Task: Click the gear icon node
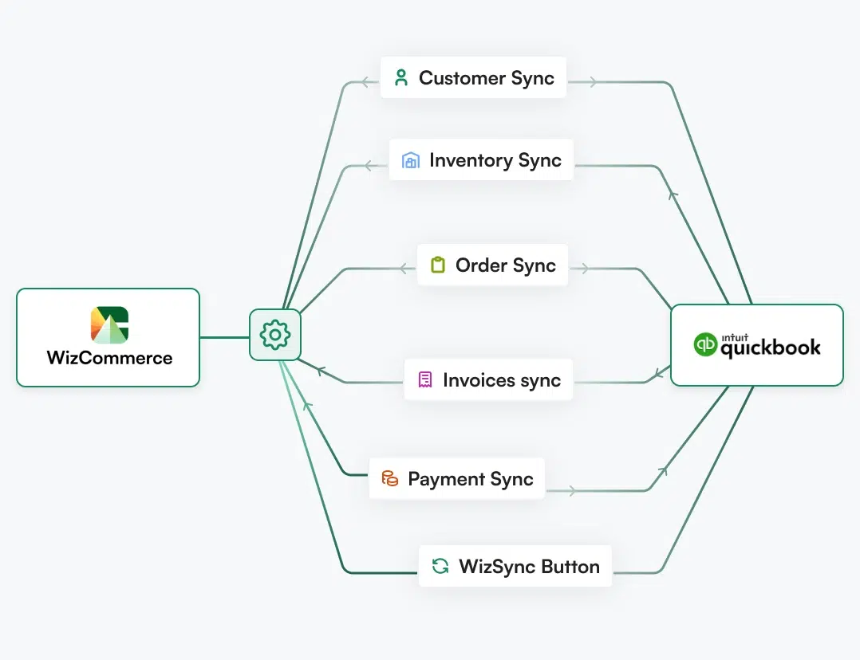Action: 275,335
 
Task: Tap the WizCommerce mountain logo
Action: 109,324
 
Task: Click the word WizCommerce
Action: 109,358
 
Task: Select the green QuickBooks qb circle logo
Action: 706,345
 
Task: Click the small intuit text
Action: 732,336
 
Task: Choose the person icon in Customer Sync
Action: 401,78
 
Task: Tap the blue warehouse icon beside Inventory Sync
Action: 411,160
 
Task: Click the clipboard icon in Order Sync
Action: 437,265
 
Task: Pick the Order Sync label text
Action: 505,265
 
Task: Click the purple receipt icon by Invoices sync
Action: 425,380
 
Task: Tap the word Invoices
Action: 479,380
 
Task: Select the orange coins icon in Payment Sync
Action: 389,479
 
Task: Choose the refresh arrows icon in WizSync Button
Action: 440,567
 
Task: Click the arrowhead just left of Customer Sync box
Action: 365,81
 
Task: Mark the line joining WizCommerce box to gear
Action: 224,337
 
